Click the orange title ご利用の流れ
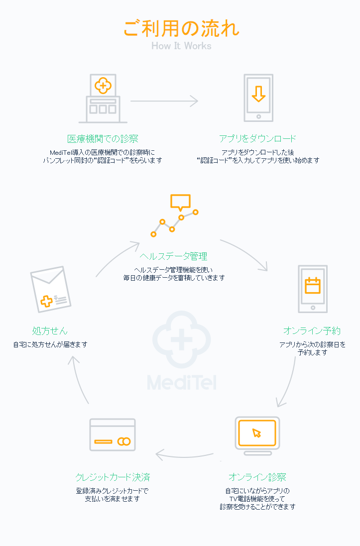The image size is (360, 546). [182, 28]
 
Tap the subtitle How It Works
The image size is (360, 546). [182, 46]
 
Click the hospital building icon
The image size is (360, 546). [103, 99]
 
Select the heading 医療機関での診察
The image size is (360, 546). [103, 139]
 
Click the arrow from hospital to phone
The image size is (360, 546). [164, 101]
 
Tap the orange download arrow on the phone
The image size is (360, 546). [258, 94]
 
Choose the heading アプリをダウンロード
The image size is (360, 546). [257, 138]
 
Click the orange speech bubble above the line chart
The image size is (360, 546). [181, 202]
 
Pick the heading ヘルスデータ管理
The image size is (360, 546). [174, 256]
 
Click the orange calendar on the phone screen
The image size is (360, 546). [313, 285]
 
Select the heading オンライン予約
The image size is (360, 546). [312, 331]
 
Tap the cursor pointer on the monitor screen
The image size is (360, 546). [257, 433]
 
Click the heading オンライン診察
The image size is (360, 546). [257, 477]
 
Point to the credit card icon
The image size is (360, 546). [113, 435]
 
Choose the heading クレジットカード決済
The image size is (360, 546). [113, 477]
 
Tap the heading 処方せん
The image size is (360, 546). [50, 331]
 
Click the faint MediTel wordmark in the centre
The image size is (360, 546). [182, 382]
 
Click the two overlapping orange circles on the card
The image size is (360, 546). [123, 441]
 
